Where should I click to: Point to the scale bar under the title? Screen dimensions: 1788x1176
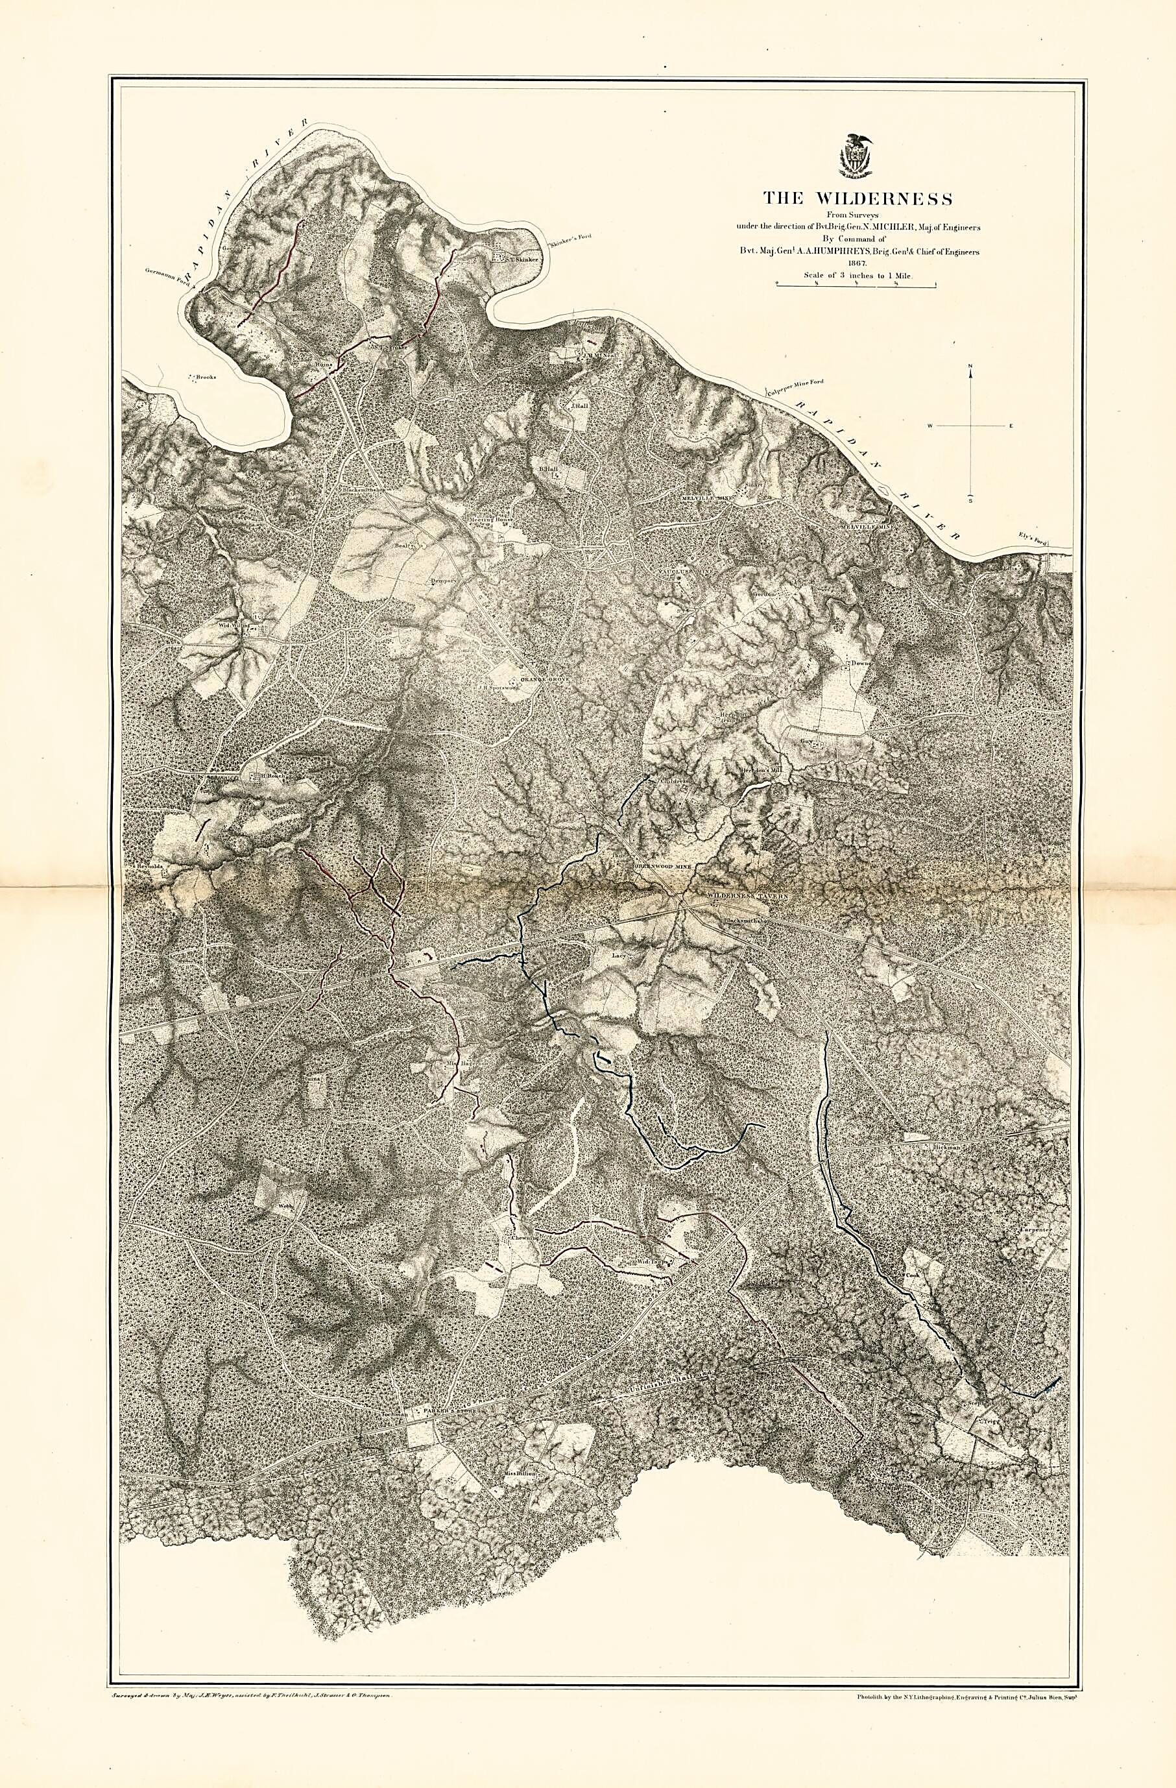tap(856, 284)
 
